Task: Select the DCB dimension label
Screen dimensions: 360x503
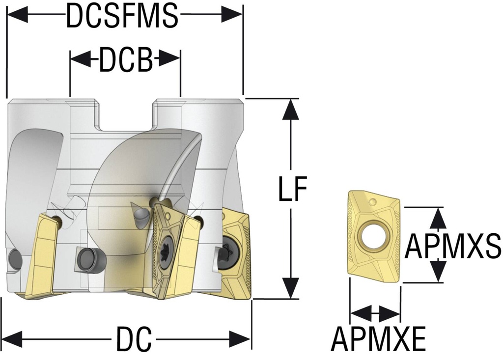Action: click(x=125, y=61)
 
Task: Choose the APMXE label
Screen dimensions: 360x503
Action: click(x=378, y=339)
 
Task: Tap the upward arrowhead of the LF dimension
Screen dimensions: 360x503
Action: click(x=291, y=108)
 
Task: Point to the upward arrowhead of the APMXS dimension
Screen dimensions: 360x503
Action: click(x=438, y=217)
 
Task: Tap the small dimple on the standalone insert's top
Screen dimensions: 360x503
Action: click(x=375, y=201)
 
